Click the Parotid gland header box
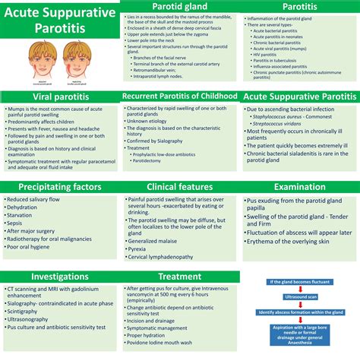click(181, 7)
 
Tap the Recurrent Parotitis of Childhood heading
click(180, 97)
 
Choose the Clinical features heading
click(180, 188)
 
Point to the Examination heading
click(301, 188)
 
